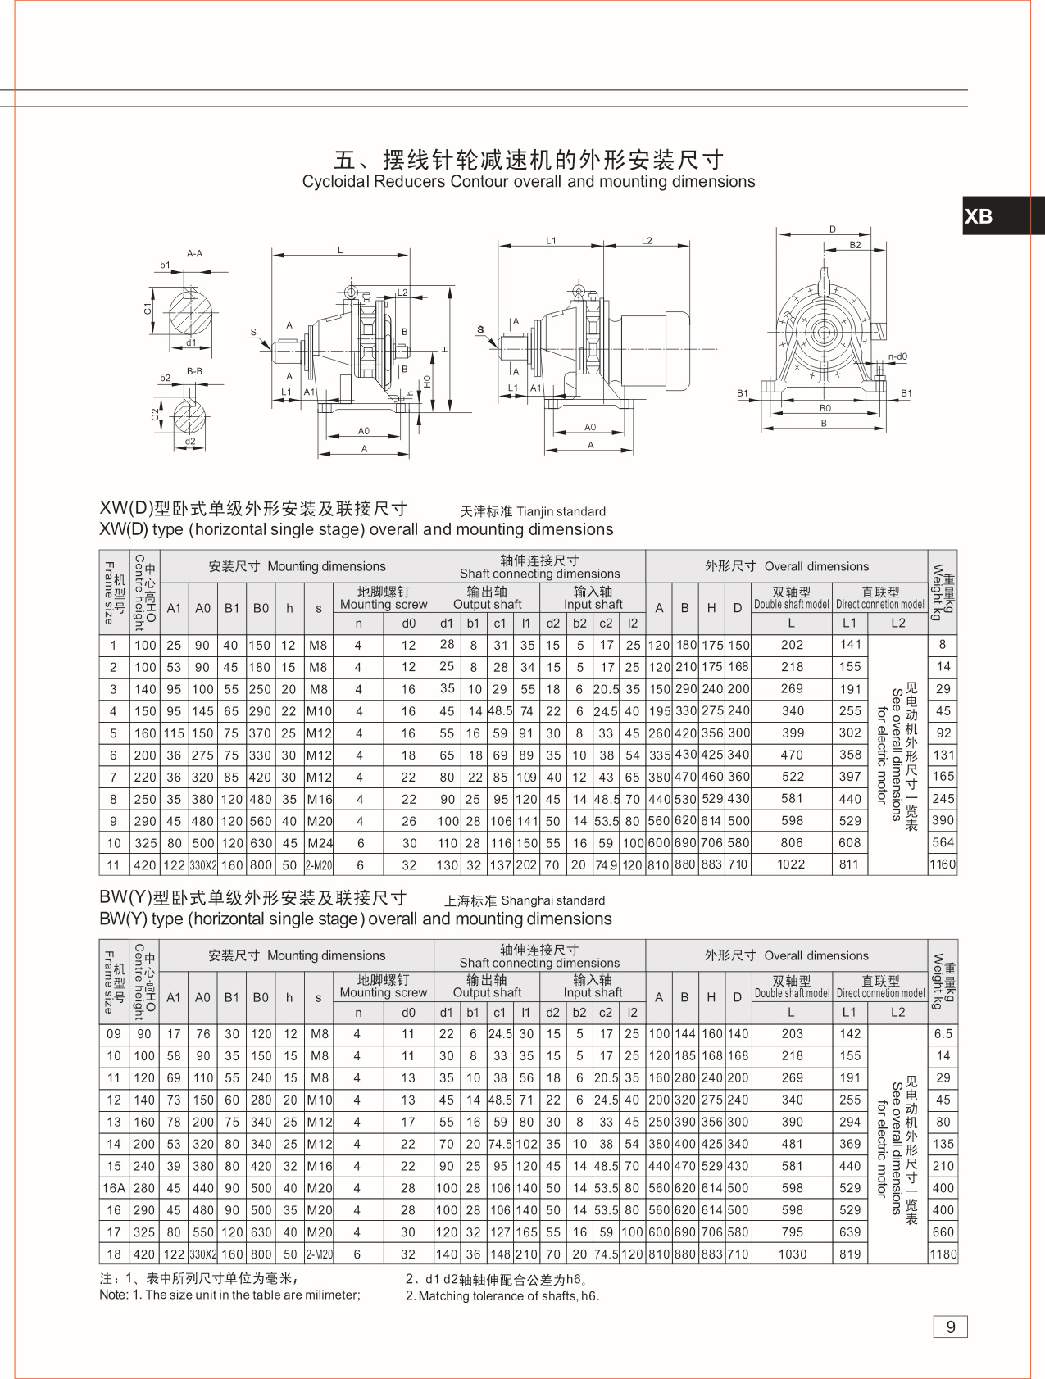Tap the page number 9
pos(950,1327)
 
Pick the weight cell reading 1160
pos(943,864)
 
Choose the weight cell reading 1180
pos(943,1254)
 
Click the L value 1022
pos(791,864)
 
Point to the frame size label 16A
pos(114,1188)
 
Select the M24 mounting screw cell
pos(319,843)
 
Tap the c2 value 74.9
pos(606,865)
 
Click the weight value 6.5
pos(943,1034)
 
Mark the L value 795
pos(792,1232)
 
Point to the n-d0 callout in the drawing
pos(897,357)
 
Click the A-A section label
pos(194,254)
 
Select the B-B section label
pos(194,371)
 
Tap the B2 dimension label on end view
pos(855,245)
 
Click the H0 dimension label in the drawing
pos(427,381)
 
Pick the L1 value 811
pos(849,864)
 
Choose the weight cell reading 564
pos(943,843)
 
